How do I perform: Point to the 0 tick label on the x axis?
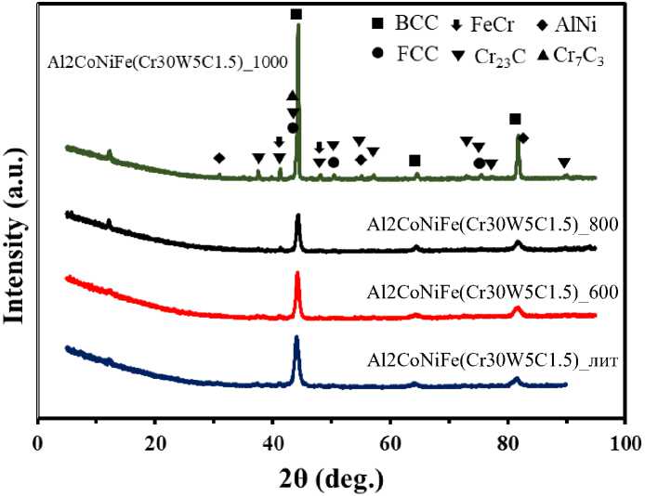(x=37, y=442)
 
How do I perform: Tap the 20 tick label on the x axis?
(x=155, y=442)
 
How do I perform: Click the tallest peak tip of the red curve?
(x=297, y=272)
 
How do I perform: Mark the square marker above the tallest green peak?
(x=296, y=14)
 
